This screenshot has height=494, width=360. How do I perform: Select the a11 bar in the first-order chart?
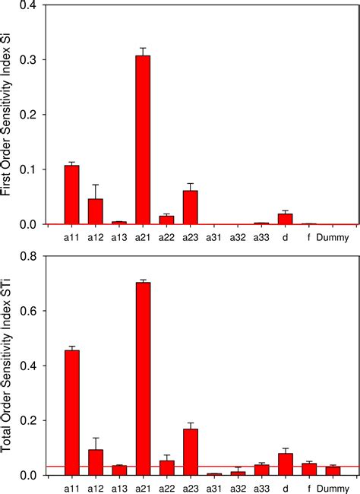point(72,195)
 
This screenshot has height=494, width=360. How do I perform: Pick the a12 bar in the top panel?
point(96,211)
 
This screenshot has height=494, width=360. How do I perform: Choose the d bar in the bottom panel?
point(285,464)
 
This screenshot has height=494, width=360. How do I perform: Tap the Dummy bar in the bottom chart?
point(332,470)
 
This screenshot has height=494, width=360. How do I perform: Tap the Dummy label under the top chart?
point(333,237)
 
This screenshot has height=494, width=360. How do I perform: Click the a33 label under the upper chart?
point(261,237)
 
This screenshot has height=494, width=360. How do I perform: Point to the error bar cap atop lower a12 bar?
point(96,438)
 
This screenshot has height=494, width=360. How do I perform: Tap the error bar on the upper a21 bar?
point(143,50)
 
